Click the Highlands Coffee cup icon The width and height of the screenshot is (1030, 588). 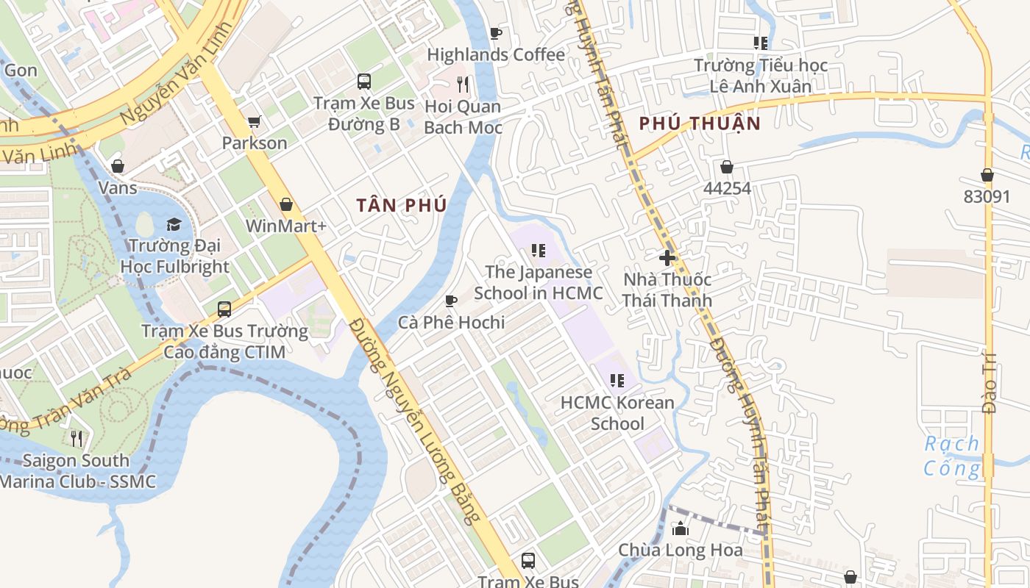pyautogui.click(x=495, y=33)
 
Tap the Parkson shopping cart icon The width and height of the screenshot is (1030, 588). pyautogui.click(x=255, y=121)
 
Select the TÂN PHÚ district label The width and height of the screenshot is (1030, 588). pyautogui.click(x=402, y=206)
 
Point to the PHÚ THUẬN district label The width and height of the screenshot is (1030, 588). pyautogui.click(x=699, y=123)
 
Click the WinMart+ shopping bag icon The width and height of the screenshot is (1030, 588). pyautogui.click(x=286, y=204)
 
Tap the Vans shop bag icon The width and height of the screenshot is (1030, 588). pyautogui.click(x=118, y=166)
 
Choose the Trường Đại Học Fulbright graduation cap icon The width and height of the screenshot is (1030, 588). pyautogui.click(x=174, y=224)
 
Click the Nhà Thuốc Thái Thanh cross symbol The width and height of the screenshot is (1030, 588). pyautogui.click(x=667, y=258)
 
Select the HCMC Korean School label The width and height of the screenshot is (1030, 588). pyautogui.click(x=617, y=413)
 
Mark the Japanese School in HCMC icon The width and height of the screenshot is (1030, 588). pyautogui.click(x=539, y=251)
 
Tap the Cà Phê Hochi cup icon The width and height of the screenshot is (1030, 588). pyautogui.click(x=451, y=301)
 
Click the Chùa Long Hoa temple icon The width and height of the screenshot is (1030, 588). pyautogui.click(x=681, y=528)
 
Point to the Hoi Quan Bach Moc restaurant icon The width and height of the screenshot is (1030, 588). pyautogui.click(x=463, y=85)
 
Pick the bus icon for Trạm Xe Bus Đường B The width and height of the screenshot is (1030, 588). pyautogui.click(x=363, y=81)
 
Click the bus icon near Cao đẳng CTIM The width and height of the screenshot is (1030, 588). pyautogui.click(x=224, y=309)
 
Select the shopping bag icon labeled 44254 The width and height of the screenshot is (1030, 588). pyautogui.click(x=727, y=168)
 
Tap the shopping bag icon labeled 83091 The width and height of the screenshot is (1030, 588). pyautogui.click(x=987, y=175)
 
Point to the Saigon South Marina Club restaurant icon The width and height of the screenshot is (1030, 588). pyautogui.click(x=77, y=439)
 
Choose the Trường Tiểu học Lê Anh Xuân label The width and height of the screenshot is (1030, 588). pyautogui.click(x=761, y=76)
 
